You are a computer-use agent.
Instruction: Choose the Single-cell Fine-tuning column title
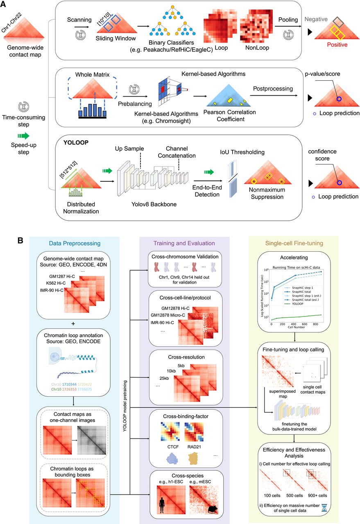(x=294, y=244)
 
